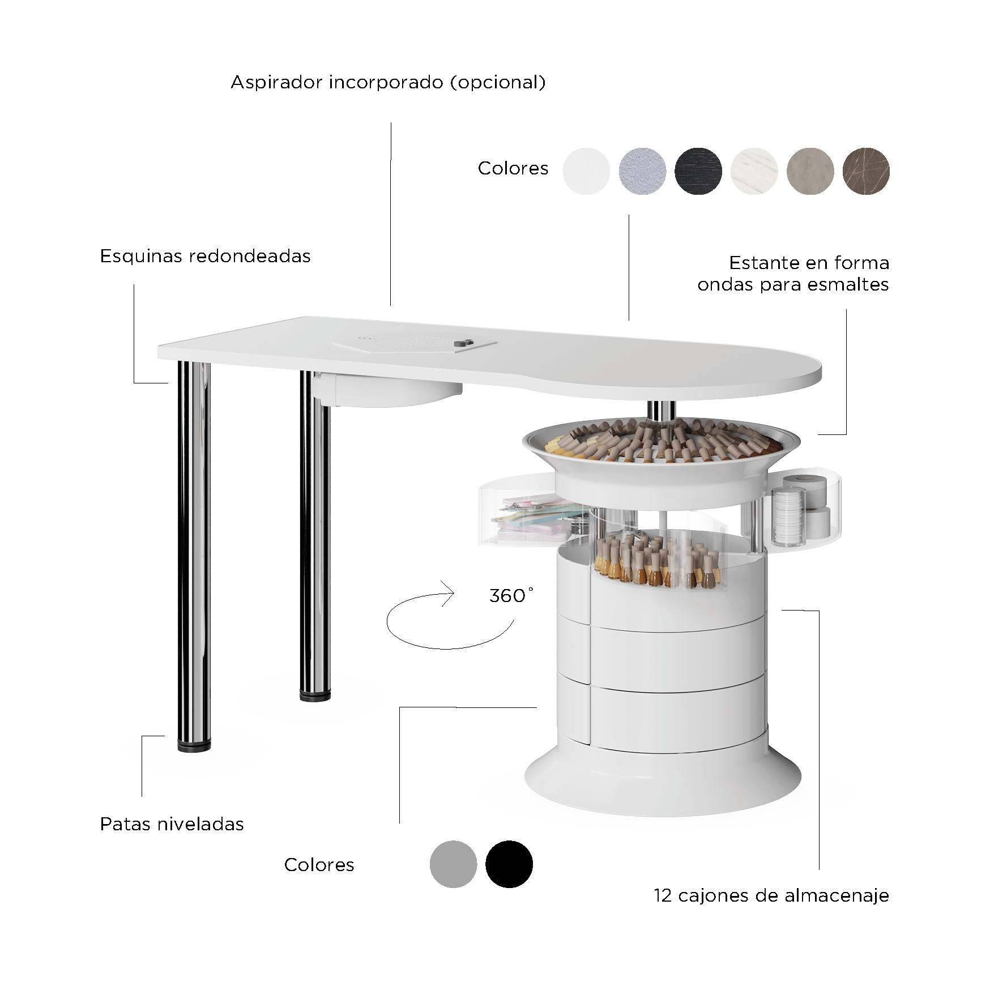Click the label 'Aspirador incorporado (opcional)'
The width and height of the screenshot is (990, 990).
tap(388, 83)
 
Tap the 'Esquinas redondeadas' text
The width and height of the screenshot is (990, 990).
tap(205, 256)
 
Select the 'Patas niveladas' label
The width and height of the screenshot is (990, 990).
tap(172, 824)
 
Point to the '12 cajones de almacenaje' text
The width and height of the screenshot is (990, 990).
tap(771, 895)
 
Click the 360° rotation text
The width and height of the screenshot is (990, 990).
tap(511, 595)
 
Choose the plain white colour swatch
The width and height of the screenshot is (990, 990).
tap(586, 171)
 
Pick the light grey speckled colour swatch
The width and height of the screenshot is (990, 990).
tap(642, 171)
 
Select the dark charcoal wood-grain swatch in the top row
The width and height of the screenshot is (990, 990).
tap(698, 171)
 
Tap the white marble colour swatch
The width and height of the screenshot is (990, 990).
tap(754, 171)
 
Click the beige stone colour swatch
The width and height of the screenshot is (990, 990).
tap(810, 171)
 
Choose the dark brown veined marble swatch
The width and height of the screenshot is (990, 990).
tap(866, 171)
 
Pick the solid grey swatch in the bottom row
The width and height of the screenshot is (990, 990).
tap(453, 864)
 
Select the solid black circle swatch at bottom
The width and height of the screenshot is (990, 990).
tap(509, 864)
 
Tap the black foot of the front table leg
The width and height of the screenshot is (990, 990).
tap(194, 745)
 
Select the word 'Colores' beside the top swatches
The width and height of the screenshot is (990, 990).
tap(513, 168)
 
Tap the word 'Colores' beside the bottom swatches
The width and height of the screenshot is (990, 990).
tap(319, 865)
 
